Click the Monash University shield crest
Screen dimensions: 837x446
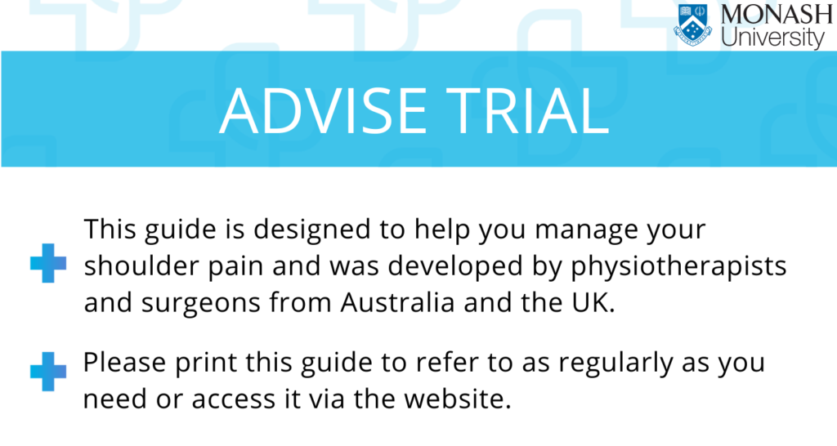(693, 25)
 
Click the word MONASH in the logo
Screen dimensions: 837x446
(777, 15)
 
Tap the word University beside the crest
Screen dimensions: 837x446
(773, 38)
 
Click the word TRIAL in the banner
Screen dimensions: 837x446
(528, 111)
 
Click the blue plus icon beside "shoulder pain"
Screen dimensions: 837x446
(48, 263)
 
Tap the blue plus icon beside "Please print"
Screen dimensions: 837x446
(48, 372)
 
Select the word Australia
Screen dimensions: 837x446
(398, 302)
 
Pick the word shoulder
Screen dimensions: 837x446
(141, 265)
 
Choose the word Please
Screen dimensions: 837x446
(124, 363)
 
